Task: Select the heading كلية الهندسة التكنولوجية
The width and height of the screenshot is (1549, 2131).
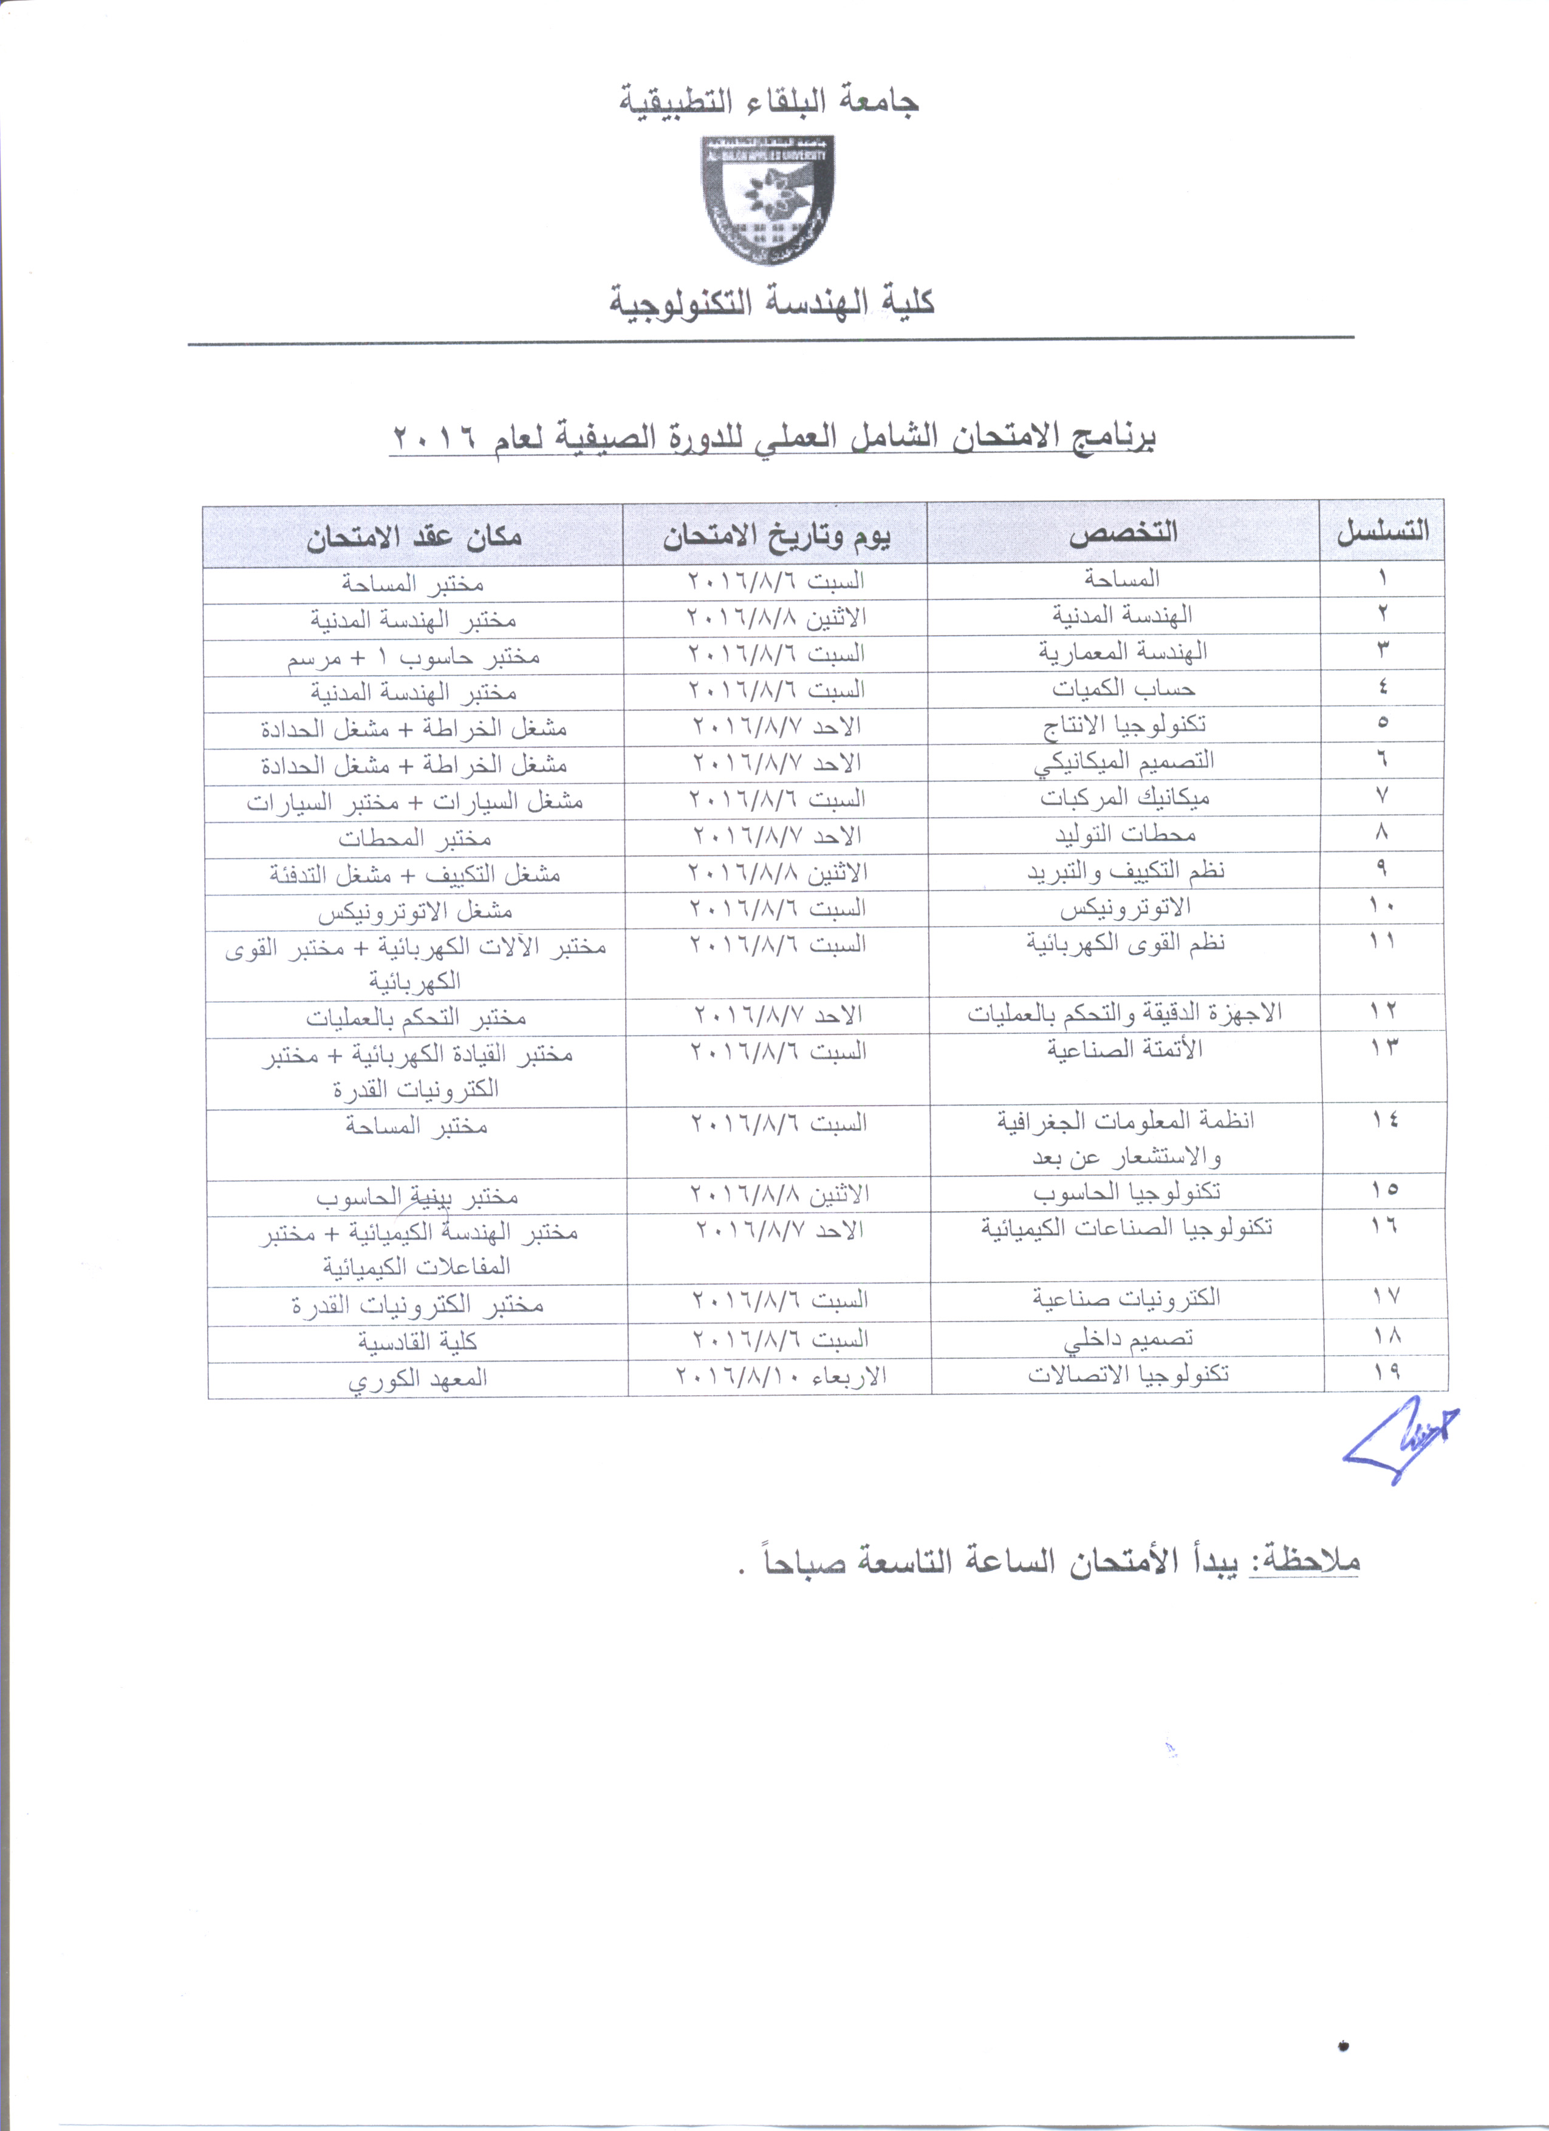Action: pyautogui.click(x=771, y=302)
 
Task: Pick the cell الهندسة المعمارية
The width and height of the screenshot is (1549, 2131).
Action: pyautogui.click(x=1123, y=651)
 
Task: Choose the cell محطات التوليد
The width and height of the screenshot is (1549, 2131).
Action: pyautogui.click(x=1124, y=834)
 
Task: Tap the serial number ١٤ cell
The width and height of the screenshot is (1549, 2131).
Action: pyautogui.click(x=1384, y=1120)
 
